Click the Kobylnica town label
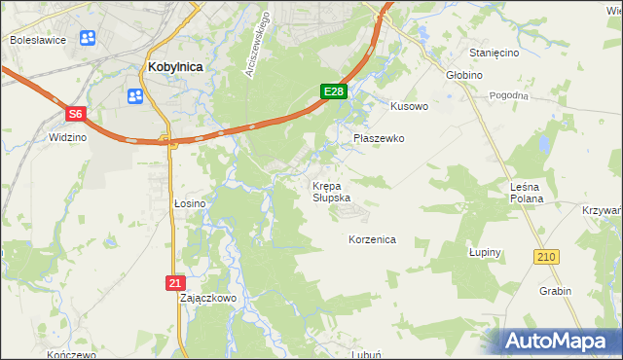[x=174, y=67]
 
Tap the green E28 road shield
[x=334, y=91]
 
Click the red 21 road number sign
[x=174, y=282]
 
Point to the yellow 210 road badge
[x=545, y=256]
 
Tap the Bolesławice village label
[x=36, y=40]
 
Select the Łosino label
[x=190, y=203]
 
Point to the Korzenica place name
[x=372, y=238]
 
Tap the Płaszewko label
[x=378, y=138]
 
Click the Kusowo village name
[x=409, y=106]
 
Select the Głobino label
[x=465, y=74]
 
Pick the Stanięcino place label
[x=495, y=53]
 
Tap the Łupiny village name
[x=484, y=252]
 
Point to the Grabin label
[x=554, y=291]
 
